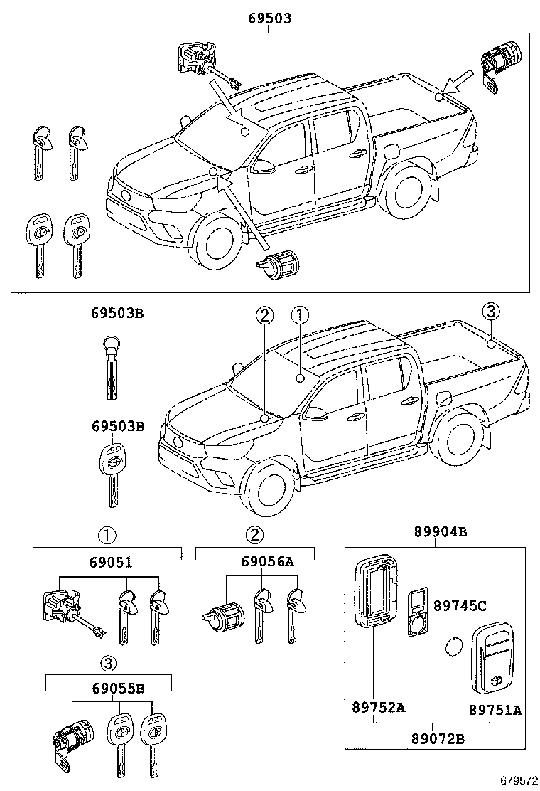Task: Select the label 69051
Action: [110, 563]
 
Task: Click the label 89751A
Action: [495, 708]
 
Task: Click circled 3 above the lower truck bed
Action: [490, 312]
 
